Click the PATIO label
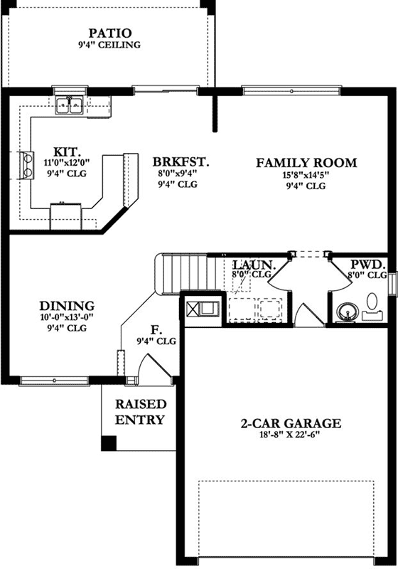tap(110, 33)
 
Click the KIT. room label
tap(70, 151)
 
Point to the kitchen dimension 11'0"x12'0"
tap(70, 161)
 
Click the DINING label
tap(68, 306)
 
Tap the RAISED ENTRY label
tap(141, 412)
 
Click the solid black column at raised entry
tap(108, 442)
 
